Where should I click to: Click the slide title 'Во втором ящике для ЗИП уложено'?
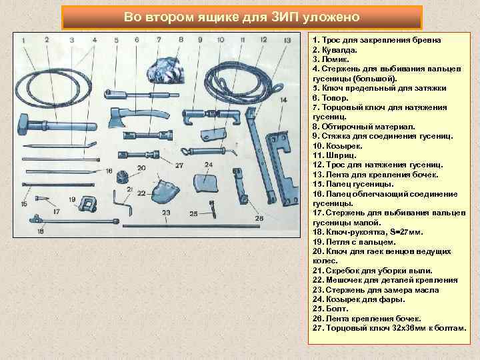(x=241, y=17)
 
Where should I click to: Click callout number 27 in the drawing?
(x=178, y=165)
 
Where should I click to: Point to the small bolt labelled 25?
(x=212, y=208)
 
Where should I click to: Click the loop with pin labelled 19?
(x=85, y=203)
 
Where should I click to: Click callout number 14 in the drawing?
(x=283, y=101)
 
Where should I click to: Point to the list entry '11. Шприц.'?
(x=338, y=155)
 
